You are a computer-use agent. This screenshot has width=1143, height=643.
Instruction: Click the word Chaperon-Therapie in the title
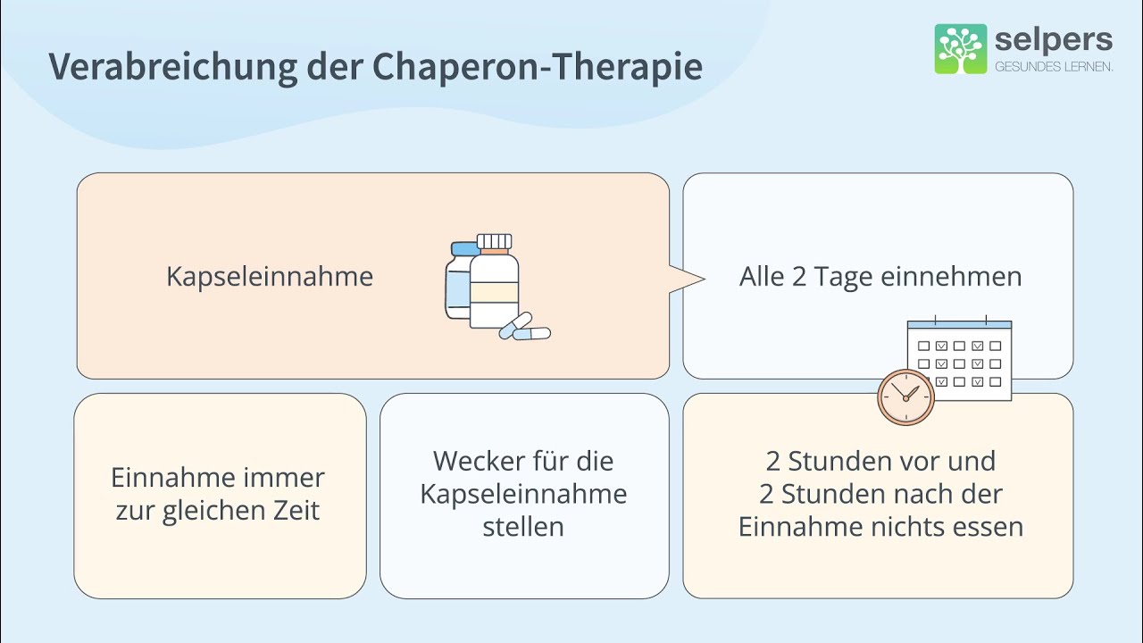[538, 66]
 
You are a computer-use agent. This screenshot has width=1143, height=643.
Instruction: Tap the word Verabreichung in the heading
[173, 66]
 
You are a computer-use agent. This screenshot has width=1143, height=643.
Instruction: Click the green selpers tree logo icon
[961, 49]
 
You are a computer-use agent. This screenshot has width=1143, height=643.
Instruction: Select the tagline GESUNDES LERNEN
[1054, 67]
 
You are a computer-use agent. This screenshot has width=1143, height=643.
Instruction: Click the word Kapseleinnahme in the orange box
[270, 277]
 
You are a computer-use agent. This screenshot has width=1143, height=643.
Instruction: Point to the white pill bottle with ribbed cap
[494, 280]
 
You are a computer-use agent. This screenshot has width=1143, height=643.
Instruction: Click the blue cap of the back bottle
[465, 248]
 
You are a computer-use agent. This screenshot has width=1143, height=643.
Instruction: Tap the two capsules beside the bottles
[524, 327]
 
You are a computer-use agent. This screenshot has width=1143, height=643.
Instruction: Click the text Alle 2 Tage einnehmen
[880, 277]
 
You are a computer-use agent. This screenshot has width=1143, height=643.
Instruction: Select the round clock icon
[905, 397]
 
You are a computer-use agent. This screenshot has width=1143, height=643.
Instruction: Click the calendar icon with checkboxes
[959, 359]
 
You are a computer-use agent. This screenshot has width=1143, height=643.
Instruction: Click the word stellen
[523, 527]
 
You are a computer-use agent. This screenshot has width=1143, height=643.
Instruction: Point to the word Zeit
[296, 510]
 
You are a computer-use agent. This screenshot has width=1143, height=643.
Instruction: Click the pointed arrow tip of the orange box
[705, 279]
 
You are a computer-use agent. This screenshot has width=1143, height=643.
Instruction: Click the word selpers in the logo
[1054, 40]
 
